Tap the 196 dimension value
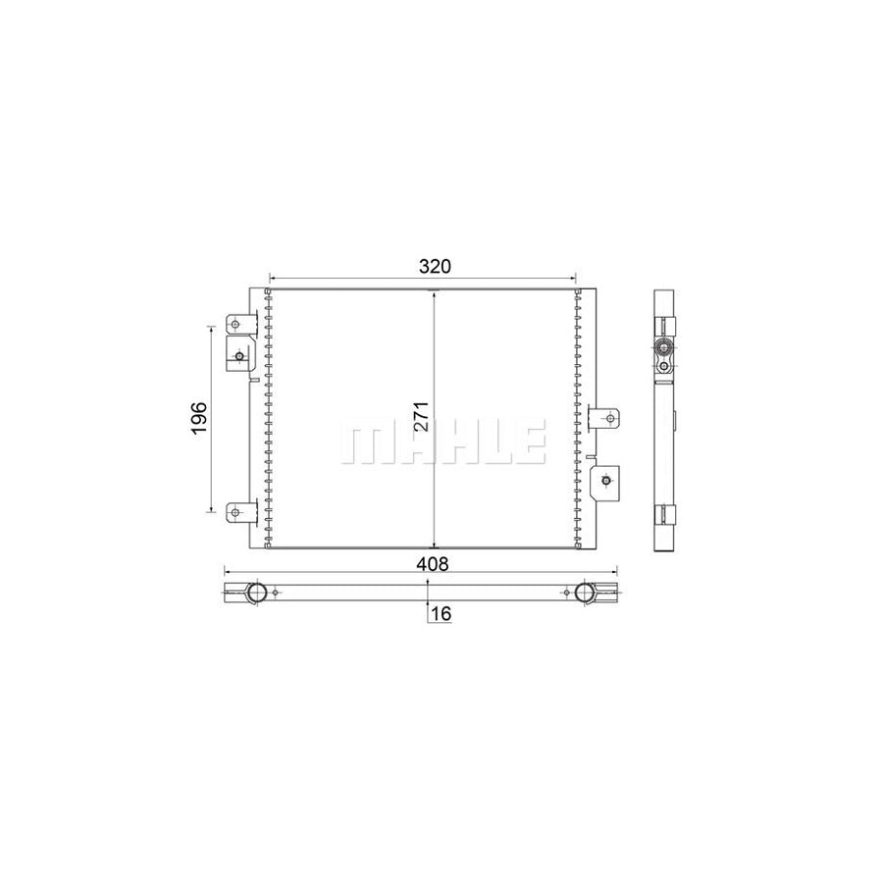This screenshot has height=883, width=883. click(x=197, y=419)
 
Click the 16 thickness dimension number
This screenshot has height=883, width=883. click(x=441, y=613)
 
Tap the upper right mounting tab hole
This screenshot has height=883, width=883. click(x=611, y=419)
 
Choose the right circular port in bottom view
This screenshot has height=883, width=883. click(x=586, y=592)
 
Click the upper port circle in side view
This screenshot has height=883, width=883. click(x=664, y=346)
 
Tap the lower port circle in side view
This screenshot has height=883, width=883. click(x=664, y=367)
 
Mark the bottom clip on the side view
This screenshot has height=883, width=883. click(x=665, y=512)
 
